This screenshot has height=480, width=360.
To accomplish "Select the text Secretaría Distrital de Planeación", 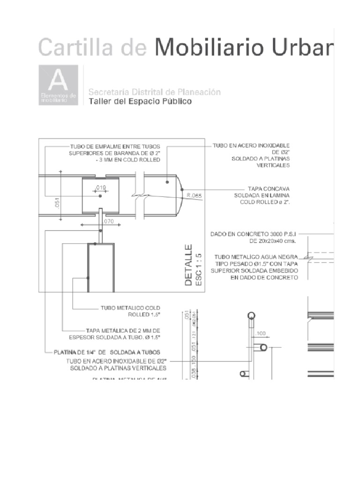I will [154, 92].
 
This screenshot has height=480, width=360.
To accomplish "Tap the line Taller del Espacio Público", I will [140, 102].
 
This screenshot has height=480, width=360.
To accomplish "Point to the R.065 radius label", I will [194, 196].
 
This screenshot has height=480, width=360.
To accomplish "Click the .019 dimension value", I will [100, 187].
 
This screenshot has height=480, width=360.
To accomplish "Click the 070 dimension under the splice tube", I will [109, 221].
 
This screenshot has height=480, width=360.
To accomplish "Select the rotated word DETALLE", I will [188, 265].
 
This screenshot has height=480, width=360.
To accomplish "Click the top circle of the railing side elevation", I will [252, 315].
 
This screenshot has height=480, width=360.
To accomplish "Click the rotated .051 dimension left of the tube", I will [57, 203].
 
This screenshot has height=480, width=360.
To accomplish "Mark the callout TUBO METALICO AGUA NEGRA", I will [256, 256].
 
